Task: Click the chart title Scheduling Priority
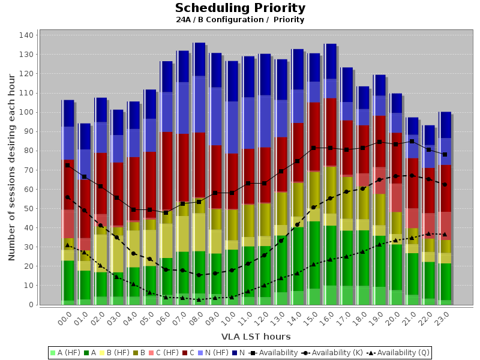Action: (240, 8)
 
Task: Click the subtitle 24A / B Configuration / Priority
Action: (240, 20)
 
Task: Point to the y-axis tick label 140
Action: (26, 35)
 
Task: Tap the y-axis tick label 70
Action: (28, 170)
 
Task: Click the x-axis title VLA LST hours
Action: (256, 337)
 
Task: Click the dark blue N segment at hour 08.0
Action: (199, 59)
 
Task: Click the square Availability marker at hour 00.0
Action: (67, 165)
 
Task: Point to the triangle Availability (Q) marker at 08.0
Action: (199, 299)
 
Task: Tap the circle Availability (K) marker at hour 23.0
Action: (445, 184)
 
